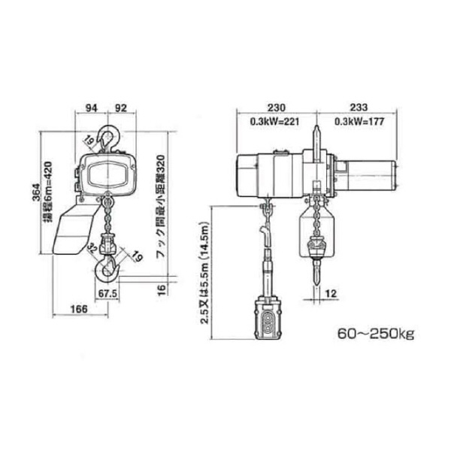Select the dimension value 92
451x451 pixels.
[x=121, y=107]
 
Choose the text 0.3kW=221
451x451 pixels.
[x=275, y=122]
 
